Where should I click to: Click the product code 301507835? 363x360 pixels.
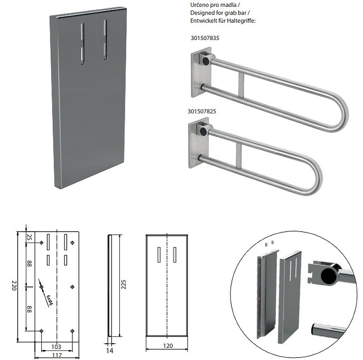[x=205, y=38]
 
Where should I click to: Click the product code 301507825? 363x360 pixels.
[x=201, y=111]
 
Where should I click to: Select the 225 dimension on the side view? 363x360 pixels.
[x=123, y=284]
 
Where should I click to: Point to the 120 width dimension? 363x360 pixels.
[x=168, y=345]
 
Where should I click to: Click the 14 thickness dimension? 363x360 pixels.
[x=110, y=351]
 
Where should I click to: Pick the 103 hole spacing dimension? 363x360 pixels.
[x=56, y=346]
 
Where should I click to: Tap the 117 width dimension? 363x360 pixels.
[x=57, y=355]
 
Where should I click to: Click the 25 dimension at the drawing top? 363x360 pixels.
[x=29, y=237]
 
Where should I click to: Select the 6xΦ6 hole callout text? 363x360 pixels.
[x=50, y=300]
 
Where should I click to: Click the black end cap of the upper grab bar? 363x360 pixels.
[x=206, y=61]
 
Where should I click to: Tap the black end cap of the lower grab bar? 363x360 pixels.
[x=203, y=131]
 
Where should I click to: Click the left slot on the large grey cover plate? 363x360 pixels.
[x=83, y=44]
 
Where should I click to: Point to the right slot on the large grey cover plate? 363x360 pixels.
[x=105, y=40]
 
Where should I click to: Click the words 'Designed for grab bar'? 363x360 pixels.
[x=218, y=13]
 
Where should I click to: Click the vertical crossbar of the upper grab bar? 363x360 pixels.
[x=241, y=85]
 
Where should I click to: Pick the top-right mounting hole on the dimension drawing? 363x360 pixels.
[x=72, y=243]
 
